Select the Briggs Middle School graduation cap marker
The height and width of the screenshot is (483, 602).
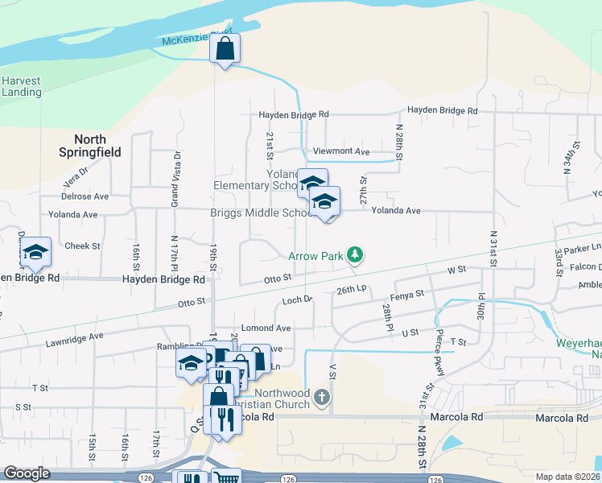(x=324, y=202)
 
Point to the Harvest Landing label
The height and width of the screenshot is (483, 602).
(x=21, y=86)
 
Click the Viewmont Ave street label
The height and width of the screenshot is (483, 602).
(x=340, y=151)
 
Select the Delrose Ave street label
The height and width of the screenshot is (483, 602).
(x=85, y=196)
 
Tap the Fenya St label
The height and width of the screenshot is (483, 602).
(x=408, y=295)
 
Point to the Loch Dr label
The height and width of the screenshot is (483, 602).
(x=297, y=300)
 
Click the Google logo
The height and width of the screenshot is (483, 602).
(x=27, y=473)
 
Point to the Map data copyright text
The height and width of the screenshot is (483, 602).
(x=566, y=477)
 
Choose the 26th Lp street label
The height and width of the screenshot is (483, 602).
(x=351, y=289)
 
